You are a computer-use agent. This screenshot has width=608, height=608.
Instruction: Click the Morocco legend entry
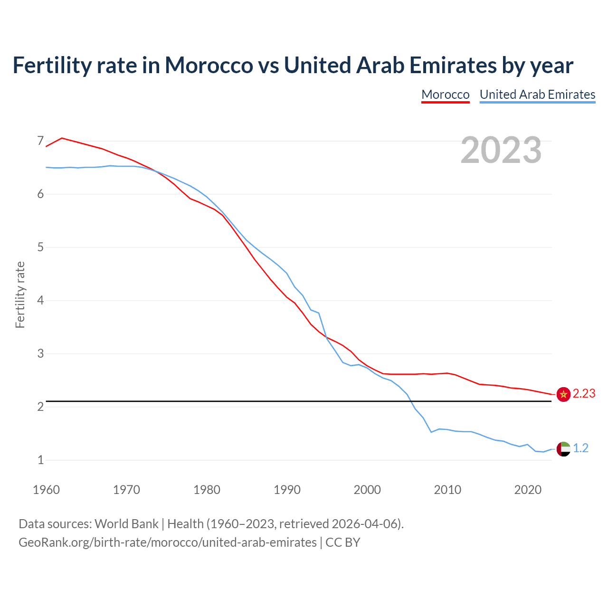pyautogui.click(x=445, y=95)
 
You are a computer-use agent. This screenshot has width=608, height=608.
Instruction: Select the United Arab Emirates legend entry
pyautogui.click(x=537, y=95)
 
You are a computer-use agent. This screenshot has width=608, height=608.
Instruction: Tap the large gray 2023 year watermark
pyautogui.click(x=501, y=150)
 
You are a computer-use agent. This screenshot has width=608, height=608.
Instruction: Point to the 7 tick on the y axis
pyautogui.click(x=40, y=141)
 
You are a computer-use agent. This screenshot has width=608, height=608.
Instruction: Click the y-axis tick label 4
pyautogui.click(x=40, y=300)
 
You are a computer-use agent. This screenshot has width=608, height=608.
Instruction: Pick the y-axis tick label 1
pyautogui.click(x=40, y=460)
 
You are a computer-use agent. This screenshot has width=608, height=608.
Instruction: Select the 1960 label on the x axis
pyautogui.click(x=46, y=490)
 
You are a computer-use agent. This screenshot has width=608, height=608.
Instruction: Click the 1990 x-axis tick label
pyautogui.click(x=287, y=490)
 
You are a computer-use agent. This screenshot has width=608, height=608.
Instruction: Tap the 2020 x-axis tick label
pyautogui.click(x=528, y=490)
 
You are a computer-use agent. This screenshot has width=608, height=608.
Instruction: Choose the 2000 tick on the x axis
pyautogui.click(x=367, y=490)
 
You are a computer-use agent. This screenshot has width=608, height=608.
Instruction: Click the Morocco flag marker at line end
pyautogui.click(x=563, y=394)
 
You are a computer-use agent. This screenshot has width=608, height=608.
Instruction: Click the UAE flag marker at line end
pyautogui.click(x=563, y=449)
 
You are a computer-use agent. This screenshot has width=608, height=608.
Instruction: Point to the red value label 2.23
pyautogui.click(x=584, y=394)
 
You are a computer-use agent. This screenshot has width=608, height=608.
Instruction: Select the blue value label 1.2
pyautogui.click(x=580, y=448)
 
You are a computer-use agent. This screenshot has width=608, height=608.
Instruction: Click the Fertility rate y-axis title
pyautogui.click(x=20, y=294)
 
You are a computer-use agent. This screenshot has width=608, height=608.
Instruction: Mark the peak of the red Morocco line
pyautogui.click(x=62, y=138)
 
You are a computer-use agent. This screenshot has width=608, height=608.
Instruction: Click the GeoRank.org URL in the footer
pyautogui.click(x=167, y=542)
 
